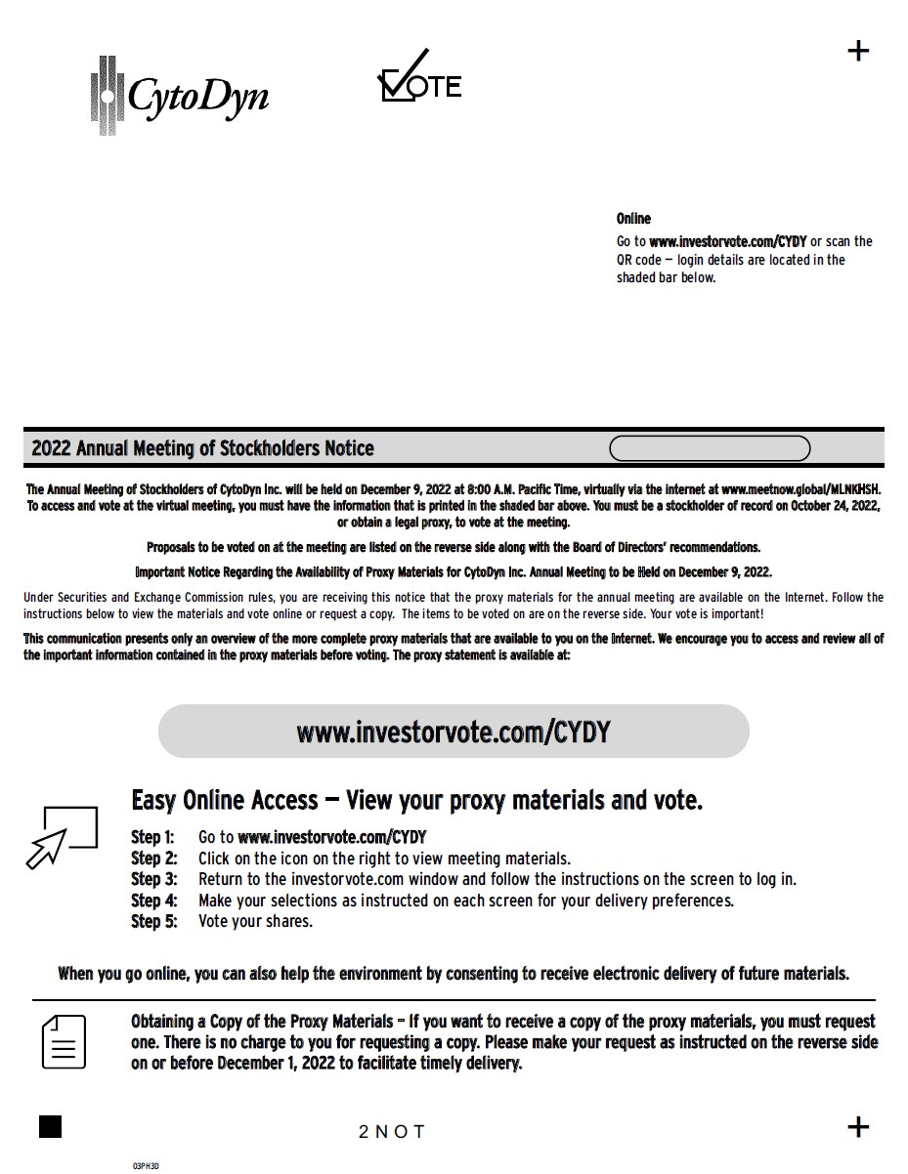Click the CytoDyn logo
click(179, 95)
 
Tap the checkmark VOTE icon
click(418, 78)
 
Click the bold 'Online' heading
click(633, 219)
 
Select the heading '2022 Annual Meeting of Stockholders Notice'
click(202, 449)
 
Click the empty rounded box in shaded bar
click(710, 448)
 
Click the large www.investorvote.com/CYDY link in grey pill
click(454, 732)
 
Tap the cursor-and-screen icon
click(63, 837)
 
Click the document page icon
click(64, 1042)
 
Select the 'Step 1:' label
click(152, 837)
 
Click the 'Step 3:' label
click(153, 879)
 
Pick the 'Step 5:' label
click(153, 921)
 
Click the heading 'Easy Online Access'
click(225, 801)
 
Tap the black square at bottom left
click(50, 1126)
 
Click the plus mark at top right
click(858, 51)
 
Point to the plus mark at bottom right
click(858, 1127)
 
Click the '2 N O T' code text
click(391, 1132)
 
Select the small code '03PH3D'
click(146, 1166)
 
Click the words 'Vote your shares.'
click(255, 921)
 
